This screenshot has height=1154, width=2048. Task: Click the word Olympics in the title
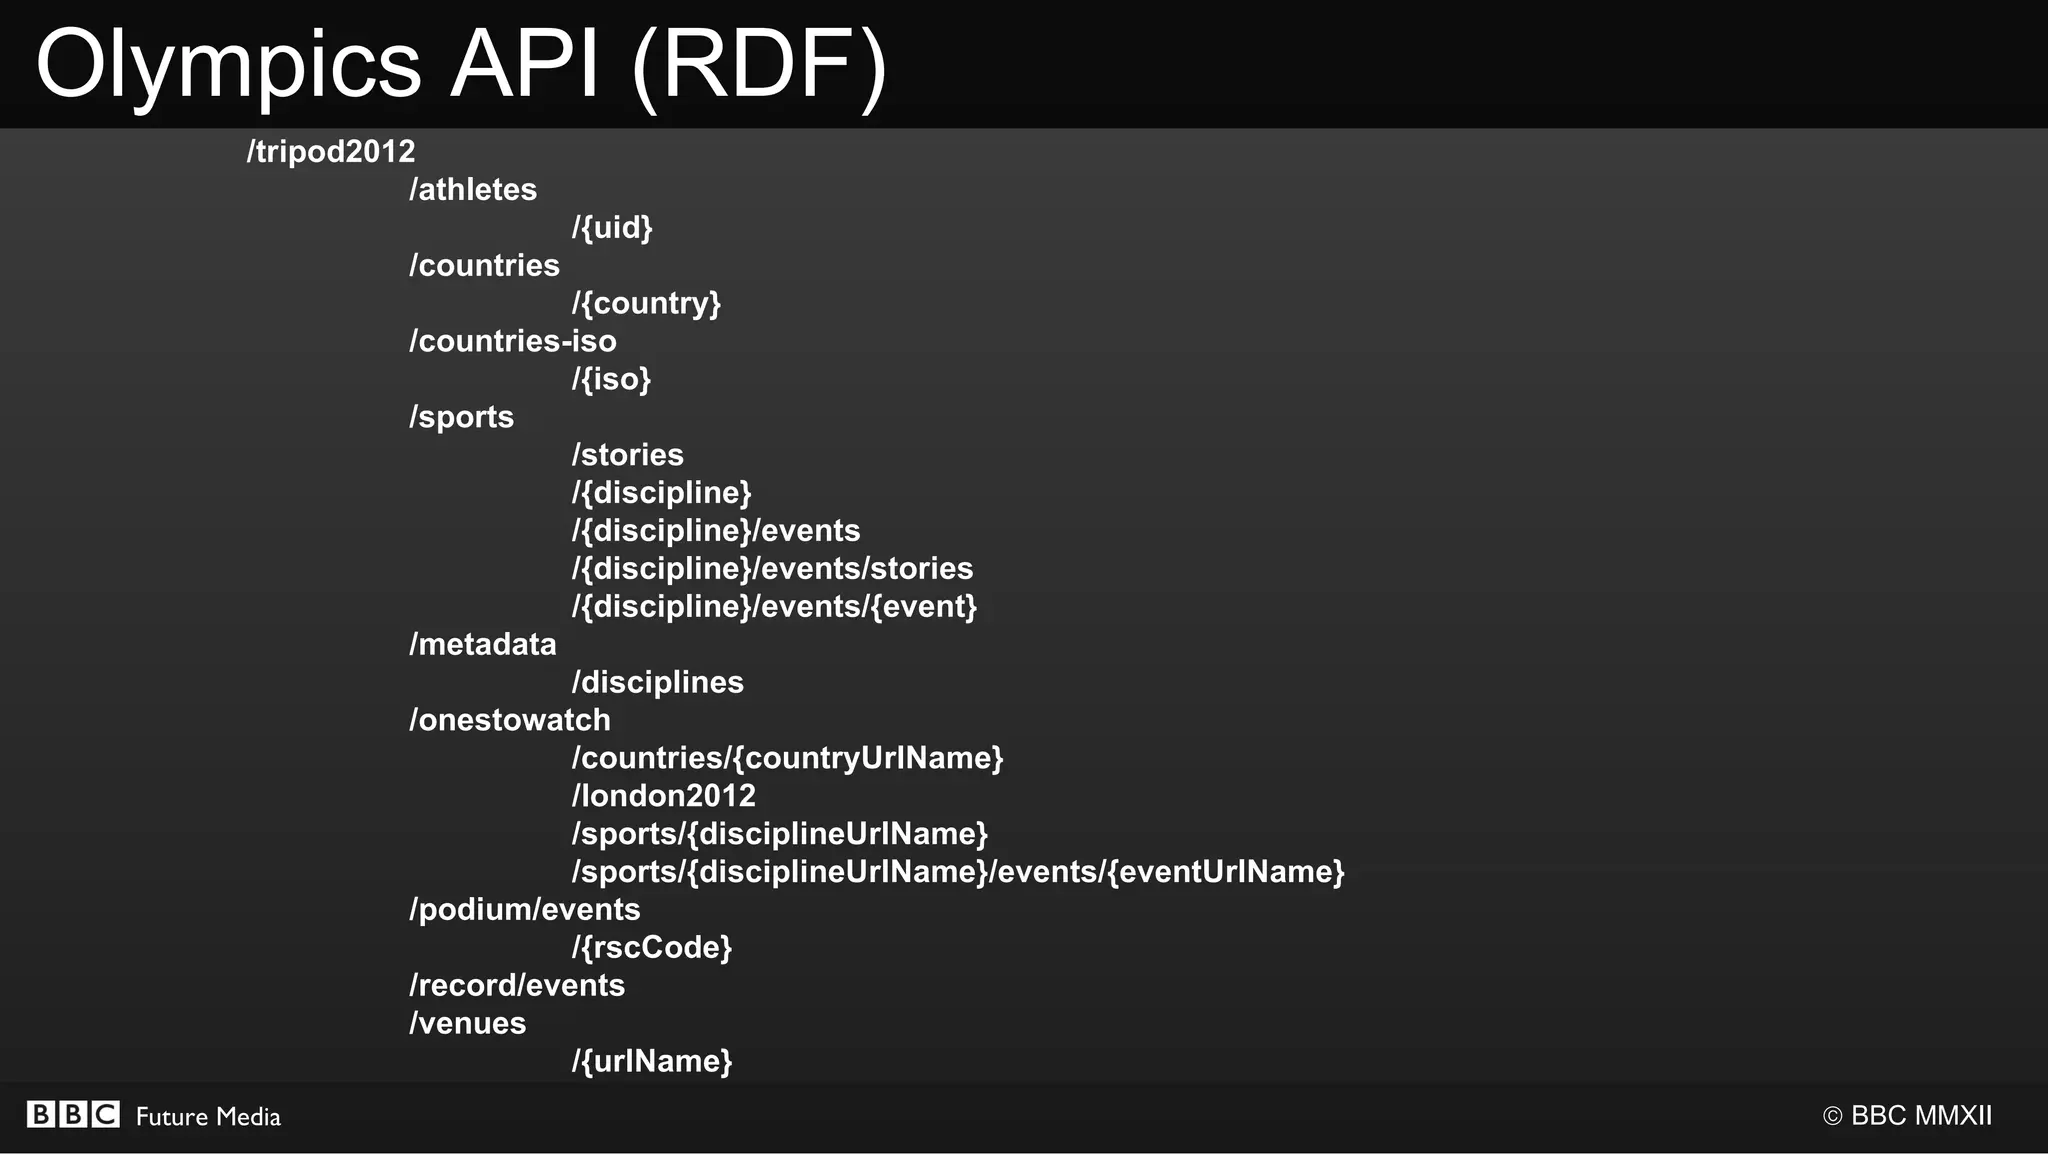click(x=228, y=66)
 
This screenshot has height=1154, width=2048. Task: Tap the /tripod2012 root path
click(x=331, y=151)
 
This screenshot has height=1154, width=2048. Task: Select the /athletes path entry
click(x=473, y=189)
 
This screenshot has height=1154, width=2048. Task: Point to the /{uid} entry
click(x=612, y=227)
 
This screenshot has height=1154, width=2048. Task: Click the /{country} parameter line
click(x=646, y=303)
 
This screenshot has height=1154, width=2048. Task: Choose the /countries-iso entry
click(x=513, y=341)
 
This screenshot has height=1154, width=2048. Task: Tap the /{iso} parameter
click(x=611, y=379)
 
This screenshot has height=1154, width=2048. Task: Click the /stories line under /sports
click(x=628, y=455)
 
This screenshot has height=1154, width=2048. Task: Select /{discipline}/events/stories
click(x=772, y=568)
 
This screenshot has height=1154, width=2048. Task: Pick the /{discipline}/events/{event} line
click(x=774, y=606)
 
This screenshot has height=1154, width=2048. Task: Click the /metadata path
click(x=483, y=644)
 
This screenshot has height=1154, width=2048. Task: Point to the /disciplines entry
click(x=658, y=682)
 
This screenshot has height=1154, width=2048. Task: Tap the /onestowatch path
click(x=510, y=720)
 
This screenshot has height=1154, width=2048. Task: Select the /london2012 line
click(x=664, y=796)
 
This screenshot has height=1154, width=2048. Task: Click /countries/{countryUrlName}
click(x=787, y=758)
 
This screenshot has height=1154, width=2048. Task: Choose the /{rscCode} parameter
click(x=652, y=947)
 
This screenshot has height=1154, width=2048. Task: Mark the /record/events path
click(x=517, y=985)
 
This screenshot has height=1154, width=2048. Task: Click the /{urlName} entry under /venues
click(x=652, y=1061)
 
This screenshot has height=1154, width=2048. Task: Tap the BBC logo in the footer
click(x=73, y=1115)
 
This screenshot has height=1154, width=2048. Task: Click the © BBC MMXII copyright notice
click(x=1907, y=1116)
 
